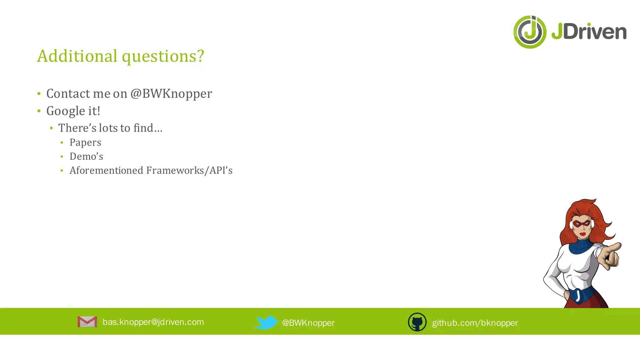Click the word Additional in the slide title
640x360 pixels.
pyautogui.click(x=77, y=56)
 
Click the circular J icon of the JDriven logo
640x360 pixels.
pyautogui.click(x=530, y=32)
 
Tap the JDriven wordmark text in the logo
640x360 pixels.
pyautogui.click(x=589, y=32)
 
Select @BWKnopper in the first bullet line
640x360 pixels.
pyautogui.click(x=171, y=94)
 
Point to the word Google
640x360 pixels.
pyautogui.click(x=66, y=111)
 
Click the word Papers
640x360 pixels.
pyautogui.click(x=85, y=142)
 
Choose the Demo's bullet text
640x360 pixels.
pyautogui.click(x=86, y=156)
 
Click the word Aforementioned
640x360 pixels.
pyautogui.click(x=106, y=170)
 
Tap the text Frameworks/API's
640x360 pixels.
pyautogui.click(x=189, y=170)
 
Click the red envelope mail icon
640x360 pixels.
pyautogui.click(x=87, y=322)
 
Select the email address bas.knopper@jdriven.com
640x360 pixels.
pyautogui.click(x=153, y=322)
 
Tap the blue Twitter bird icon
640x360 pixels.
pyautogui.click(x=266, y=322)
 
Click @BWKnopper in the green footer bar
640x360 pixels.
pyautogui.click(x=308, y=323)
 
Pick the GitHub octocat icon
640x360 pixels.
pyautogui.click(x=417, y=322)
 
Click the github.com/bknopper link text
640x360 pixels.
pyautogui.click(x=475, y=323)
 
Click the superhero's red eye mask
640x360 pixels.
pyautogui.click(x=582, y=224)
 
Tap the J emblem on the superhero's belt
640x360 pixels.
pyautogui.click(x=578, y=295)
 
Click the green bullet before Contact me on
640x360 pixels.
pyautogui.click(x=39, y=94)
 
